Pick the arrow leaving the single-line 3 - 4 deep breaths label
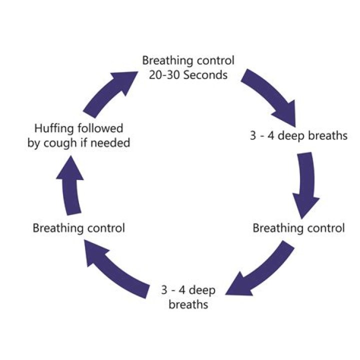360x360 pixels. (305, 182)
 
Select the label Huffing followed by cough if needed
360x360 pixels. (78, 136)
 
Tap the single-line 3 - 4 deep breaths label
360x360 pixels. (298, 136)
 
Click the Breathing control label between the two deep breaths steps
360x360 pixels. (298, 228)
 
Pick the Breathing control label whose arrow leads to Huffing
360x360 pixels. (78, 228)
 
